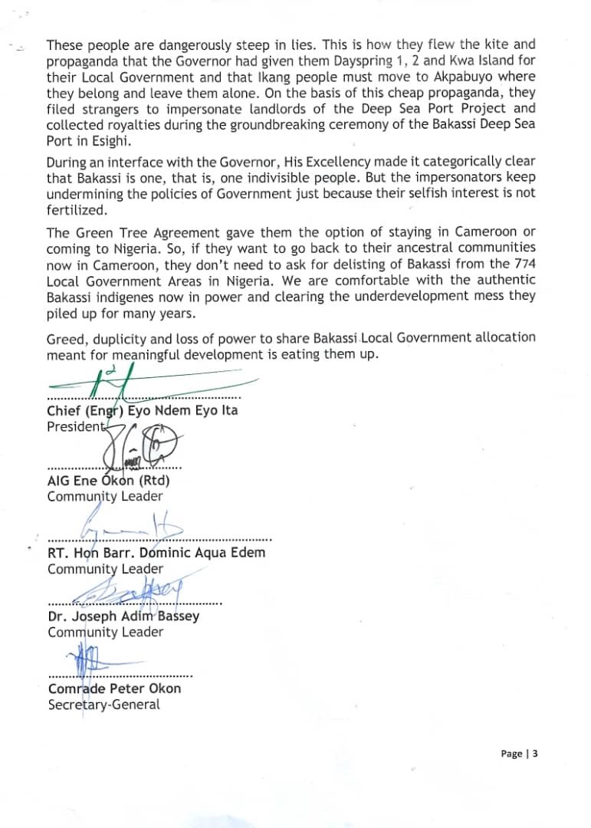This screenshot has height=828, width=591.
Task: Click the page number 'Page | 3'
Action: coord(519,754)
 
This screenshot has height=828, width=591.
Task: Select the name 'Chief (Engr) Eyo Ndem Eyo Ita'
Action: coord(143,410)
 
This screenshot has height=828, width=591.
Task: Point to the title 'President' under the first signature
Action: coord(76,426)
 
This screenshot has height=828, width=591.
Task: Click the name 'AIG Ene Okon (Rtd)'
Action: coord(108,481)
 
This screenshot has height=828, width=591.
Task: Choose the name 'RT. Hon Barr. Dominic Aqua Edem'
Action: coord(156,552)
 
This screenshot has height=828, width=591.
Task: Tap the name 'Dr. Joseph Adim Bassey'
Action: coord(123,616)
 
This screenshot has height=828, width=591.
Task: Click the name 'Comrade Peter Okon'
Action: coord(115,688)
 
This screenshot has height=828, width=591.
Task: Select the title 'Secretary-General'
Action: coord(104,704)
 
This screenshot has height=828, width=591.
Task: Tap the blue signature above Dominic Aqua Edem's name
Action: coord(130,525)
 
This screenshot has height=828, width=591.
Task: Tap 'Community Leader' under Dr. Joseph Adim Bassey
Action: coord(105,632)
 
